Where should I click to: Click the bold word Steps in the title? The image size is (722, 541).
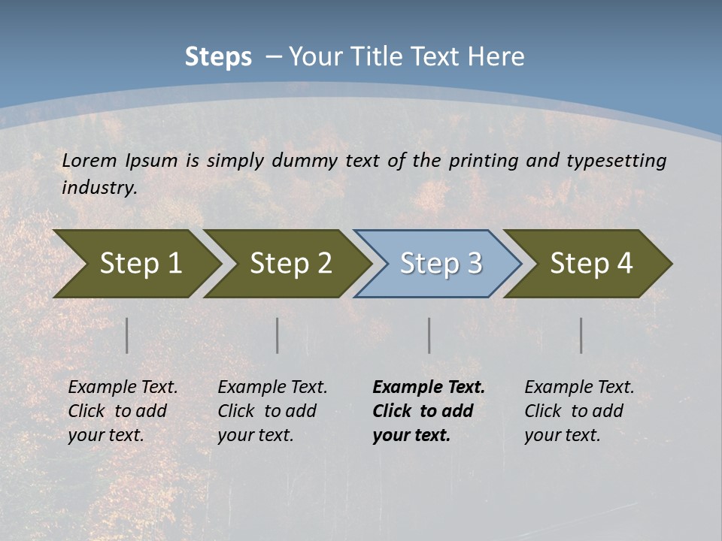218,57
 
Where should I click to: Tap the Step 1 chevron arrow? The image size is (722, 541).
135,263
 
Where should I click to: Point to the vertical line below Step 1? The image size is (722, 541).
127,335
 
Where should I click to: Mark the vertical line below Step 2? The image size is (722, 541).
278,335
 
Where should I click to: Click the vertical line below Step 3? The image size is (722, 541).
429,335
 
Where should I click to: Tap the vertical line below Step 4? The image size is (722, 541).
581,335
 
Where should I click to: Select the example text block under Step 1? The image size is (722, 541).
123,411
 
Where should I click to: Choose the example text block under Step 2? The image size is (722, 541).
272,411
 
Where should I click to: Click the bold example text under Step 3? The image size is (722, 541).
429,411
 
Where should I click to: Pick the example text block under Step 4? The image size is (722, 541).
579,411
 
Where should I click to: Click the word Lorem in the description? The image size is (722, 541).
89,160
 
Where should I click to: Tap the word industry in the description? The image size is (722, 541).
98,187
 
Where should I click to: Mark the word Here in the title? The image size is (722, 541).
501,57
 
